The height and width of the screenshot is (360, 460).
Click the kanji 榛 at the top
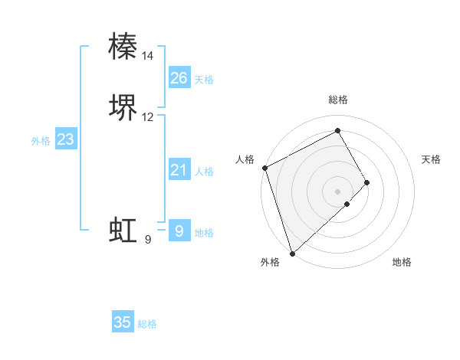coord(123,47)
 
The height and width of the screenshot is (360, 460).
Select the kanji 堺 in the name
coord(123,108)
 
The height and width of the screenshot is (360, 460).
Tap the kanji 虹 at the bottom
coord(123,231)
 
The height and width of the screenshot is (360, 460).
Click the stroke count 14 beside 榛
coord(148,56)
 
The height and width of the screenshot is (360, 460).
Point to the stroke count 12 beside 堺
coord(148,117)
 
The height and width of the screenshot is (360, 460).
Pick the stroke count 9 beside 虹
coord(148,240)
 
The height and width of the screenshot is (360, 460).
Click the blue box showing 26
coord(179,78)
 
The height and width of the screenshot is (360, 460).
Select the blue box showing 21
coord(179,170)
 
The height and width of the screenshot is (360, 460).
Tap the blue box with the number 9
coord(179,231)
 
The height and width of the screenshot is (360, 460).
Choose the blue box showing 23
coord(66,139)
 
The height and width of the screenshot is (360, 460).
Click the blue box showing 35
coord(123,322)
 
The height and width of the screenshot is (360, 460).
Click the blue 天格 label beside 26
coord(204,80)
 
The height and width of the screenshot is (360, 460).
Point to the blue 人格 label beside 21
coord(205,172)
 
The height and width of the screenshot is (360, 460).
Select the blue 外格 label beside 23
coord(41,141)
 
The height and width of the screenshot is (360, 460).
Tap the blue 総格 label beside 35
coord(147,324)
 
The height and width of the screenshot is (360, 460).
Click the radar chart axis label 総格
coord(338,100)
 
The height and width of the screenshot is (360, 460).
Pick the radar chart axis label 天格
coord(432,159)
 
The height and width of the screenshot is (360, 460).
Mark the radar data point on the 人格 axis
coord(264,168)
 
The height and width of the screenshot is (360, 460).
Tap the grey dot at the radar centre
coord(337,190)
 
